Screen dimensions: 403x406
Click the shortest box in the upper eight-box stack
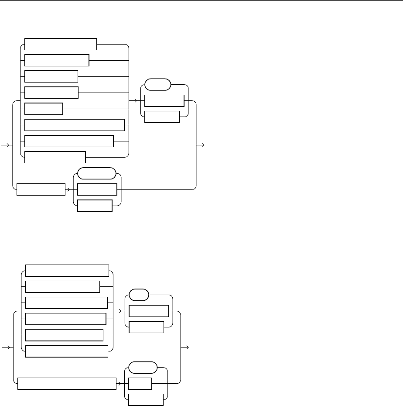point(44,109)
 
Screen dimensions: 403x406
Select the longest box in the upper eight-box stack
point(75,125)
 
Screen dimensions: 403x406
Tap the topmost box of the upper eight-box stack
point(61,44)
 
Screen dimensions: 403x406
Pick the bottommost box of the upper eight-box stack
point(55,157)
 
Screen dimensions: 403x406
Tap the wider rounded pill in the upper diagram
point(96,174)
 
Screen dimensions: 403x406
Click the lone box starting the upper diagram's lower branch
point(41,190)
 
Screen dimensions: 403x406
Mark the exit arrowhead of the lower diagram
point(187,348)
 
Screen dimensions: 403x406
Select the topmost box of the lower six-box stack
point(67,271)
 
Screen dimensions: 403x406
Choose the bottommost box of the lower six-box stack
point(67,351)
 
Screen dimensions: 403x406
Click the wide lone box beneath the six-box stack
point(66,384)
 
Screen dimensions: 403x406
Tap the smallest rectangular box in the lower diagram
point(140,384)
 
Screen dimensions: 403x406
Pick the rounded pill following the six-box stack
point(139,295)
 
